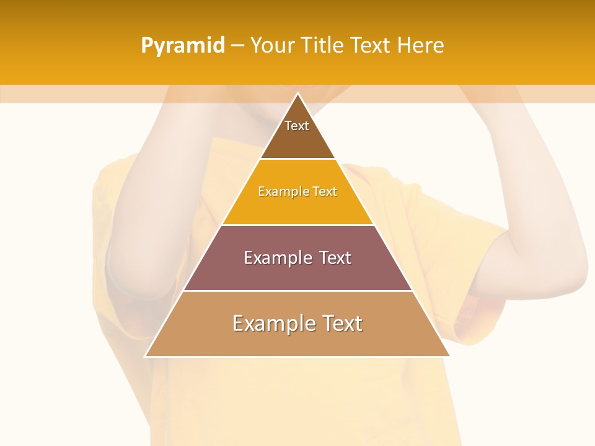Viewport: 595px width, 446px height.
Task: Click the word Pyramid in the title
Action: pyautogui.click(x=183, y=46)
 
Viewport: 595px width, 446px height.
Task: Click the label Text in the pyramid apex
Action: pyautogui.click(x=297, y=126)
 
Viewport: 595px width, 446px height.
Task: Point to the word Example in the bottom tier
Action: pyautogui.click(x=270, y=323)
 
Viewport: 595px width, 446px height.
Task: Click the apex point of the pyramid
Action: pyautogui.click(x=297, y=94)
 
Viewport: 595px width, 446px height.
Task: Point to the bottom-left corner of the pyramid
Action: pyautogui.click(x=146, y=356)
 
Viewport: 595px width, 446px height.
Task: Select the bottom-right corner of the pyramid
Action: pyautogui.click(x=449, y=356)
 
